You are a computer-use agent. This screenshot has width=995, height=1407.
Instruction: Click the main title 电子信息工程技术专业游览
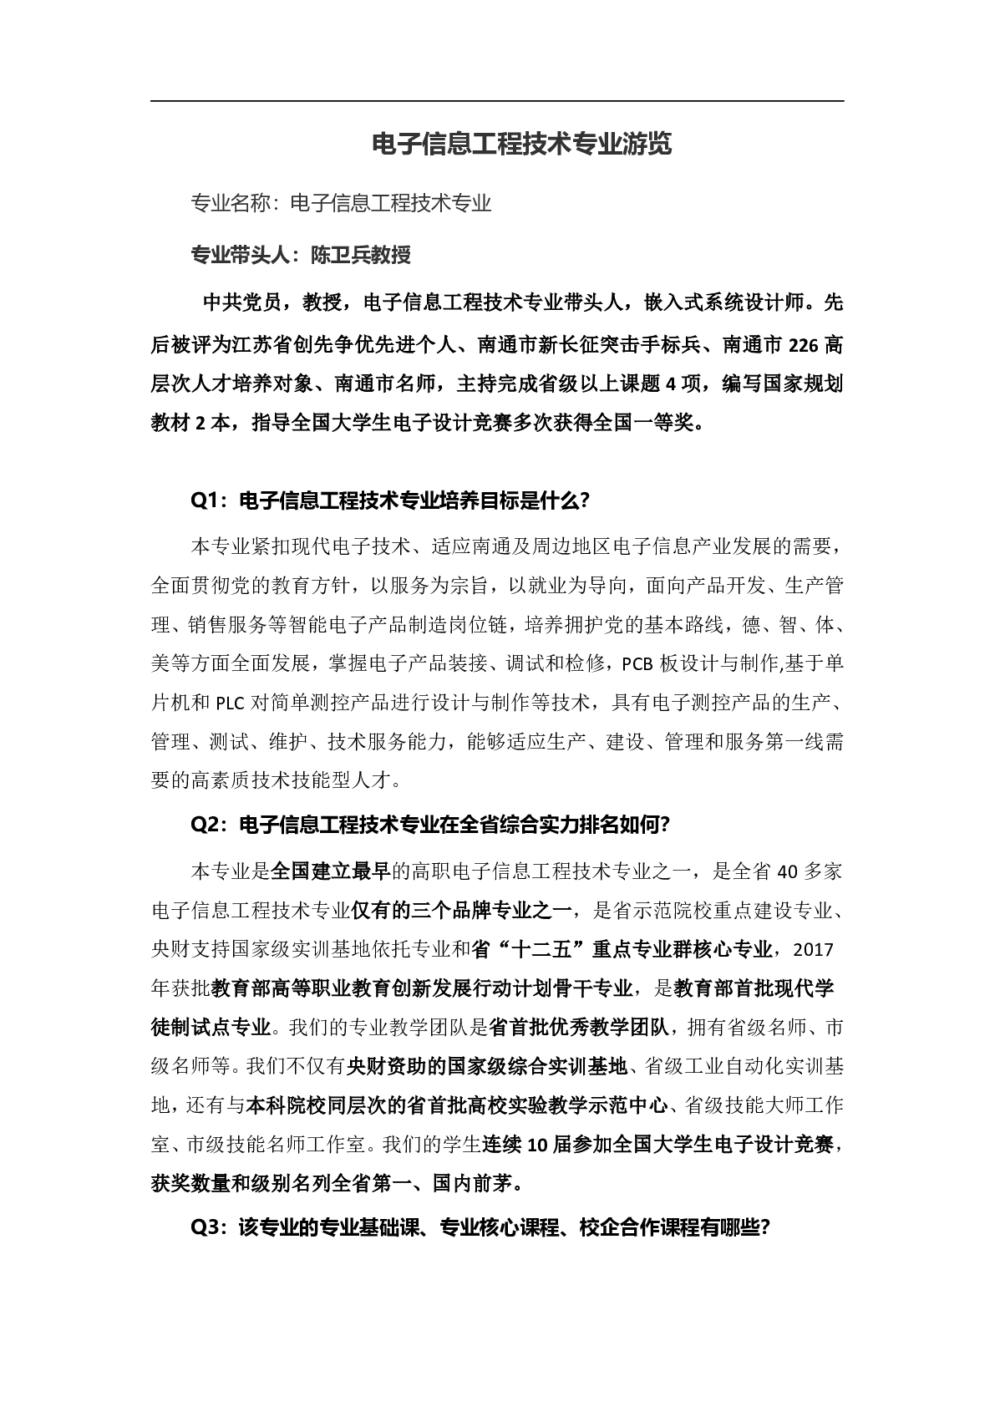[x=521, y=145]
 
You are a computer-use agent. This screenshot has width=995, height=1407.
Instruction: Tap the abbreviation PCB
[x=637, y=664]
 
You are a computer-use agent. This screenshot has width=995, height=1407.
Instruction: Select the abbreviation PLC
[x=230, y=703]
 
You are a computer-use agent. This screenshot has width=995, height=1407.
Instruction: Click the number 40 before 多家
[x=789, y=871]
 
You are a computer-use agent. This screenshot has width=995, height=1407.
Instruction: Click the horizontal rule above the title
[x=497, y=101]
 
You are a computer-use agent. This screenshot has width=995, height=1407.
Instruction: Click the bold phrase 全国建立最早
[x=331, y=871]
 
